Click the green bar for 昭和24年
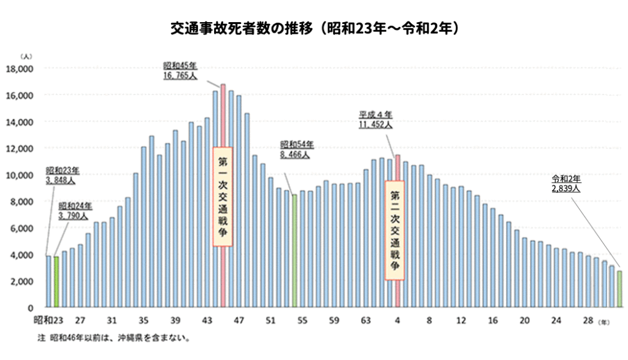pos(56,281)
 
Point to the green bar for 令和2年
pos(619,289)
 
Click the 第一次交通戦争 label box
pos(223,197)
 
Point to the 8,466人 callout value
pos(296,156)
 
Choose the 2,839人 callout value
pos(565,189)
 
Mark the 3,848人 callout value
pos(61,181)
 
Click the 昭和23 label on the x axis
pos(48,320)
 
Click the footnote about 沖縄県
pos(113,338)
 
